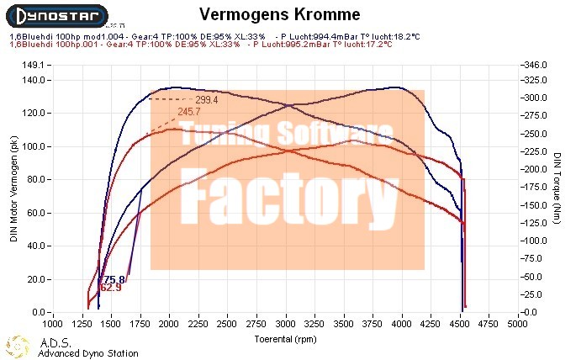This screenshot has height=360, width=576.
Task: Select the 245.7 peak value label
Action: [x=188, y=111]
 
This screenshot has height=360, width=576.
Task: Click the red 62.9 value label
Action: [x=111, y=288]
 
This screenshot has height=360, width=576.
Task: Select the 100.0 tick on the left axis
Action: [x=34, y=146]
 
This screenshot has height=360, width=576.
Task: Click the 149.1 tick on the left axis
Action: [x=34, y=64]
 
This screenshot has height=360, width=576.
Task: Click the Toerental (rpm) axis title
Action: [x=285, y=338]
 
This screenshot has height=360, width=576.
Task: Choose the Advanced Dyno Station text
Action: [x=88, y=353]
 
